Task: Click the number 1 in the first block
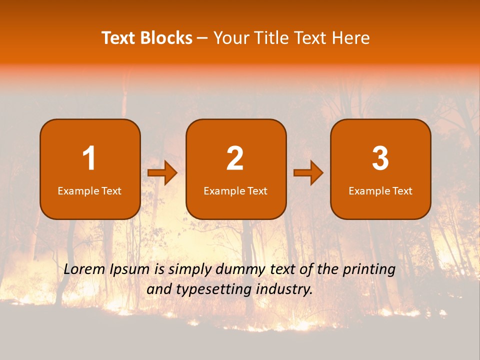click(x=89, y=158)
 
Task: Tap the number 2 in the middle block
click(x=235, y=158)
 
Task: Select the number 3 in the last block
click(x=380, y=158)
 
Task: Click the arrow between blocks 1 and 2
click(x=162, y=173)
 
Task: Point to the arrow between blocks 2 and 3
click(x=308, y=173)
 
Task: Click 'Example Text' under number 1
click(x=89, y=191)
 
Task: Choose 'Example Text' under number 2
click(x=235, y=191)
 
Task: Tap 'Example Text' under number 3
click(x=380, y=191)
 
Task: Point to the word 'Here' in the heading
click(x=352, y=38)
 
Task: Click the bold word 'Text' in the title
click(x=119, y=38)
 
